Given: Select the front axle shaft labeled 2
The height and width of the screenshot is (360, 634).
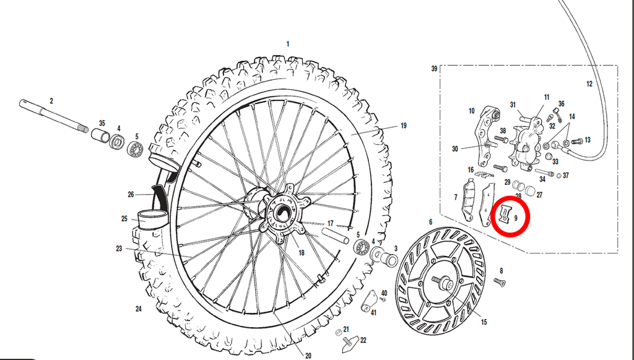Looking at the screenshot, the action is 54,116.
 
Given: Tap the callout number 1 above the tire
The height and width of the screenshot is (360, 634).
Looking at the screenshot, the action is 288,44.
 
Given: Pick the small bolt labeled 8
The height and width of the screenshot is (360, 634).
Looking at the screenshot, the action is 500,282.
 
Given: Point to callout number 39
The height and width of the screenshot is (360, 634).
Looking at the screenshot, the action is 434,68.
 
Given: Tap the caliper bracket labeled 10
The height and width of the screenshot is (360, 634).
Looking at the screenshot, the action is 488,136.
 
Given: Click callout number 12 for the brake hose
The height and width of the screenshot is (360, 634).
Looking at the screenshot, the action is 589,84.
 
